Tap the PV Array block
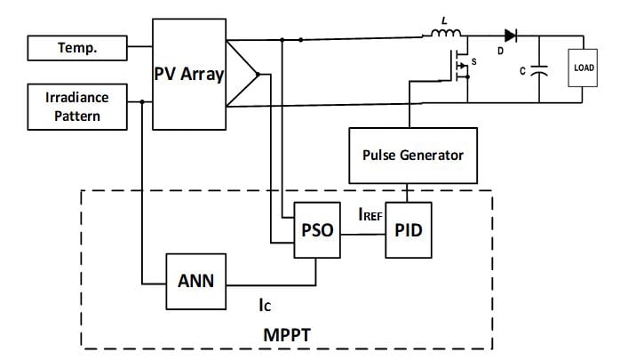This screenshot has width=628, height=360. point(189,75)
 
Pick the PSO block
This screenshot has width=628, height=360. point(318,230)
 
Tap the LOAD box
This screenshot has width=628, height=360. point(584,68)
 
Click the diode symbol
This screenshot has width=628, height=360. point(511,36)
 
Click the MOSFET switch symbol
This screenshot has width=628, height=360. point(461,68)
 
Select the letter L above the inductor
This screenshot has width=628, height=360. point(444,19)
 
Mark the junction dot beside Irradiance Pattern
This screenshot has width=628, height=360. point(143,102)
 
